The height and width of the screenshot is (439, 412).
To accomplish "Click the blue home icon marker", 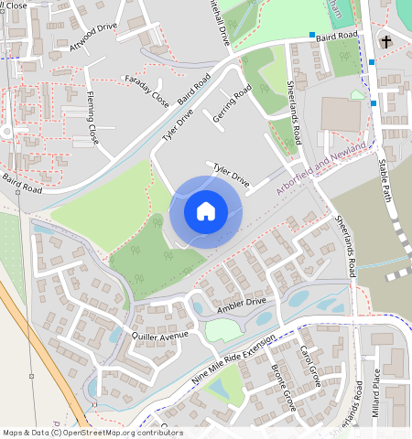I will (206, 211).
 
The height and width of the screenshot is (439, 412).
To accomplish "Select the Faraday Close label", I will (146, 90).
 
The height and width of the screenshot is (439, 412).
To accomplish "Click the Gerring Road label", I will (231, 105).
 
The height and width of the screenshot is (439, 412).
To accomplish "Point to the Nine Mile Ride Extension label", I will (233, 359).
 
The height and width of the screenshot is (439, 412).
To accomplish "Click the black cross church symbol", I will (385, 41).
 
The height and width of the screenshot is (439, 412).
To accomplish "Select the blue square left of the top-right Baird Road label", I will (310, 35).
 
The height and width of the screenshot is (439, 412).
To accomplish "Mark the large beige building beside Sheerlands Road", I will (342, 113).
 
